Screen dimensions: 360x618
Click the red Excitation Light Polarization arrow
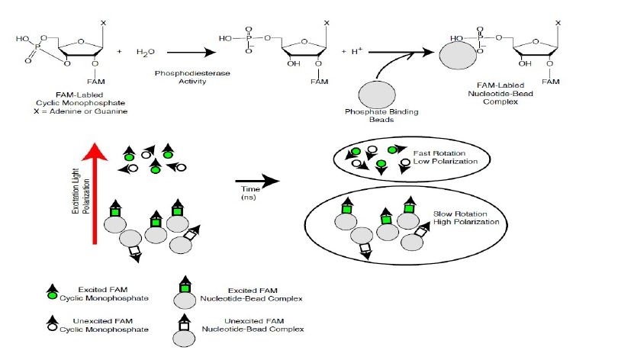pos(94,191)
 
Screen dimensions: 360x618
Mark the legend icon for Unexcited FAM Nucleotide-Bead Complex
pos(185,326)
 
